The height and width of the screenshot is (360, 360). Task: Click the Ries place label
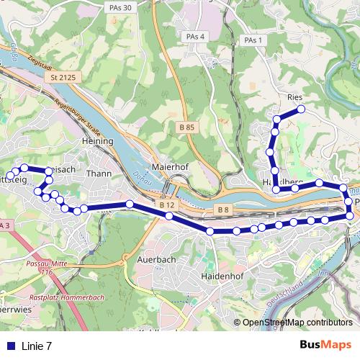(x=294, y=96)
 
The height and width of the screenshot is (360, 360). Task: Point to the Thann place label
(x=97, y=173)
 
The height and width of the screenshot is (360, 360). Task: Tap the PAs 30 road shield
(x=122, y=7)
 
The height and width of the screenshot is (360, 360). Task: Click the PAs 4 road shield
(x=195, y=37)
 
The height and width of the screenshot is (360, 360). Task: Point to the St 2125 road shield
(x=63, y=76)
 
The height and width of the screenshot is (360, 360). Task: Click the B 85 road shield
(x=186, y=127)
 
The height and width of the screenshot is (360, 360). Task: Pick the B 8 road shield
(x=223, y=210)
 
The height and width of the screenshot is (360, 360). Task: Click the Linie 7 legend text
(x=37, y=346)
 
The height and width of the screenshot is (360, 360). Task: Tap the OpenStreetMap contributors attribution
(x=297, y=323)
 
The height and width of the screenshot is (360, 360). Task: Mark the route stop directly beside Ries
(x=301, y=109)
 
